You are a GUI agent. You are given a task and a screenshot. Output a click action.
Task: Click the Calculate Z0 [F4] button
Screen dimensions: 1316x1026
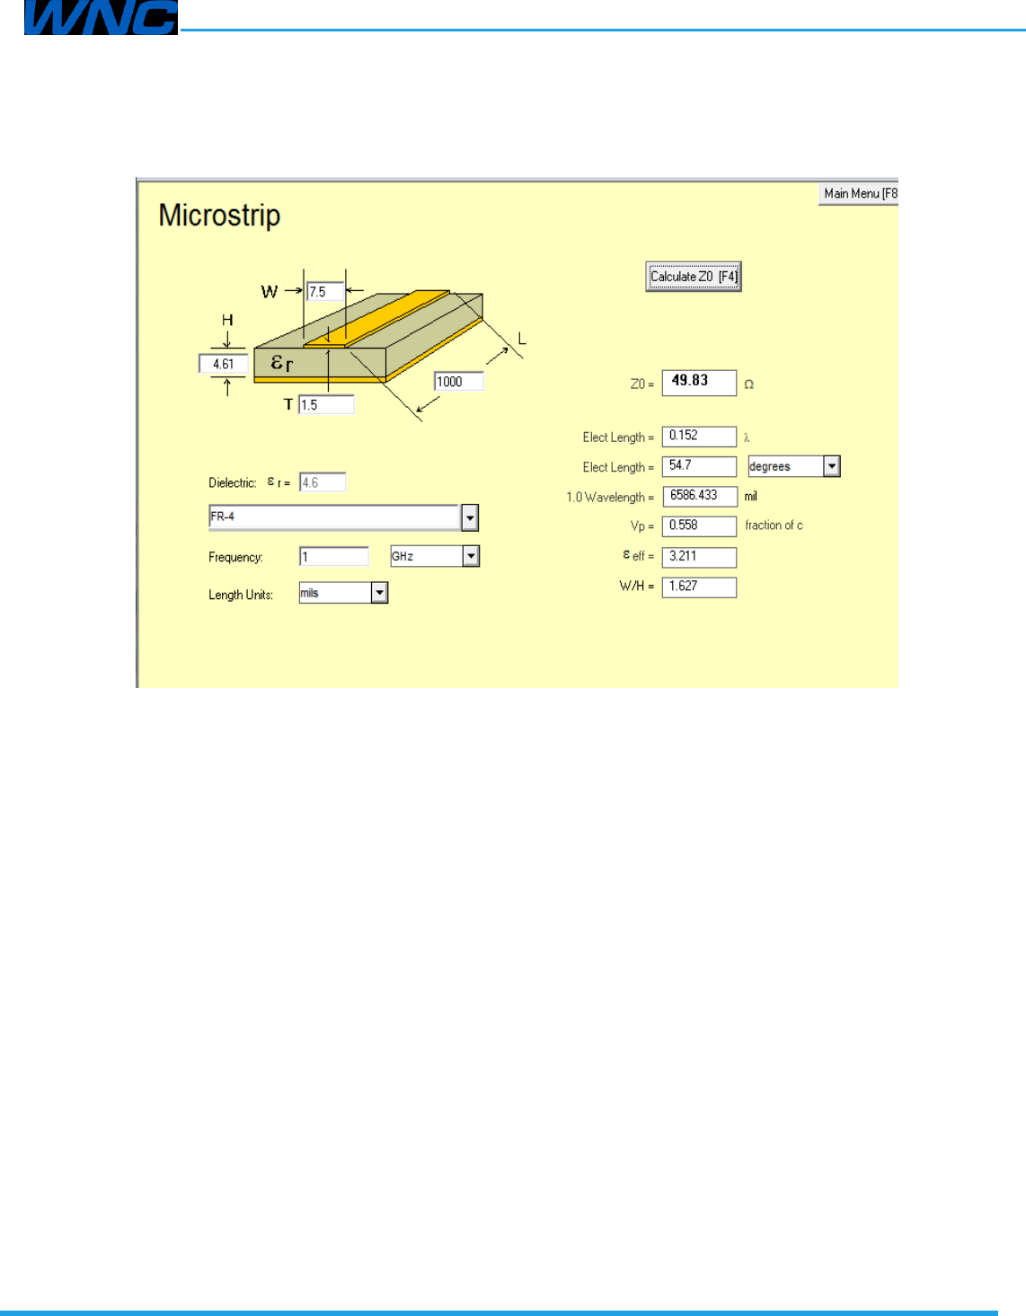click(x=693, y=277)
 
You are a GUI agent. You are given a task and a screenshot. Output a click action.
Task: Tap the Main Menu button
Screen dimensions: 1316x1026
click(x=859, y=194)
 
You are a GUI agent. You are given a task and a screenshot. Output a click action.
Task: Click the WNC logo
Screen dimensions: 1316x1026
click(x=100, y=18)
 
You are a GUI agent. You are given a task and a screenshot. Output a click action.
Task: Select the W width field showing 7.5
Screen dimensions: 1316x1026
click(x=325, y=292)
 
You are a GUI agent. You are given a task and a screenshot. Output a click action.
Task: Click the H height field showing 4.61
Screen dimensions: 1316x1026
click(x=223, y=364)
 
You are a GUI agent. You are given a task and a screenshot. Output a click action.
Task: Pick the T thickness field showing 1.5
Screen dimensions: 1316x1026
click(x=325, y=405)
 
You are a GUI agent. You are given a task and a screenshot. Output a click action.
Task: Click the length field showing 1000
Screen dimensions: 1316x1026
click(x=458, y=382)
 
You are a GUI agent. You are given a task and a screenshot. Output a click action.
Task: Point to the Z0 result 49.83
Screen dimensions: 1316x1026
click(x=699, y=382)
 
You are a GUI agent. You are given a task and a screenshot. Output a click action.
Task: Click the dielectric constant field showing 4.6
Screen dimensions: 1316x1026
click(x=322, y=482)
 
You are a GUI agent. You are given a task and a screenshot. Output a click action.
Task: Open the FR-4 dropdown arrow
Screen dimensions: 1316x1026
click(x=470, y=517)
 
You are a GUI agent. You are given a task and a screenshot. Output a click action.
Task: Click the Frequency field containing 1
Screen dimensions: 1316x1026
click(x=333, y=557)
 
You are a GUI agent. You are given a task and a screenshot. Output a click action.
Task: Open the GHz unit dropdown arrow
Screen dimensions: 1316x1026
click(x=471, y=557)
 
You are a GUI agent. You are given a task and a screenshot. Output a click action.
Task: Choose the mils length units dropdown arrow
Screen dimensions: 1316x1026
click(x=379, y=593)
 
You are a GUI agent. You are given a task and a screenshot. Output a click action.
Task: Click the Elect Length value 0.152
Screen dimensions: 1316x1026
click(x=699, y=436)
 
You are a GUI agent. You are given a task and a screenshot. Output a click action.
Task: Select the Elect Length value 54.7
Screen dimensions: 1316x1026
click(x=699, y=466)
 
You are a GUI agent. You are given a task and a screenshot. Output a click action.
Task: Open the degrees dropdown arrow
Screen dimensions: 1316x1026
click(x=832, y=466)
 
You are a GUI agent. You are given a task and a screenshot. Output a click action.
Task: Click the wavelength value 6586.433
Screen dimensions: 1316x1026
click(x=699, y=496)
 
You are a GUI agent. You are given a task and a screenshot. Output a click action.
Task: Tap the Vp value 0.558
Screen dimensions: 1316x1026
click(x=699, y=526)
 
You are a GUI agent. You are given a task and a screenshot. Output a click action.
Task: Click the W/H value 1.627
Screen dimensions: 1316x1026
click(x=699, y=587)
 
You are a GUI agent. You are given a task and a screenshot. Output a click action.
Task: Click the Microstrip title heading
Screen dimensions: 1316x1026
click(x=219, y=216)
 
